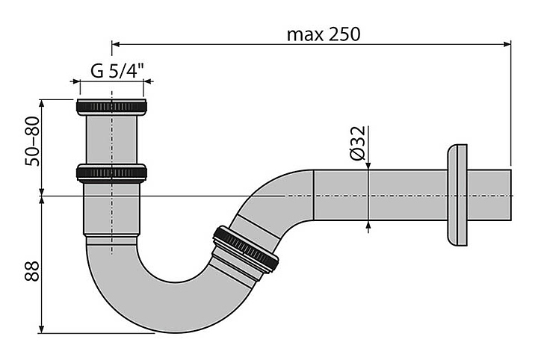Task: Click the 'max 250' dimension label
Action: (x=324, y=34)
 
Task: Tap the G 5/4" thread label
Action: (x=117, y=71)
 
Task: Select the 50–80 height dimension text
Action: (x=33, y=141)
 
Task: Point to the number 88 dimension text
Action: (x=32, y=271)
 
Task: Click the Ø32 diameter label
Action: (x=358, y=143)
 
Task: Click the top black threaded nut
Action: (x=111, y=107)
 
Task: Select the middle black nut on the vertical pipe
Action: (x=111, y=173)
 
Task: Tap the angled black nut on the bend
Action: (x=245, y=249)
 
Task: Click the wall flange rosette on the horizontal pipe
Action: (x=457, y=195)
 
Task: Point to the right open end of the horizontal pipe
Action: (x=510, y=195)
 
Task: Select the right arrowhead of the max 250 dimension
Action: (x=507, y=44)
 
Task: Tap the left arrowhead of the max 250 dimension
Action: (x=116, y=44)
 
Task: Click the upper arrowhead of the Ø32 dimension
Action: (x=368, y=165)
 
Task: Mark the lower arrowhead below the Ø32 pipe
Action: (x=368, y=225)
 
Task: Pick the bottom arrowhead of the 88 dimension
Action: (x=42, y=329)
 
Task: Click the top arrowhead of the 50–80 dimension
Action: (x=42, y=104)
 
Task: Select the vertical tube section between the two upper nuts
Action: (x=111, y=140)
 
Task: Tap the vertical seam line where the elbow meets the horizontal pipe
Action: (x=314, y=195)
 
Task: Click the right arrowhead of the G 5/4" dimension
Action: (x=147, y=81)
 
